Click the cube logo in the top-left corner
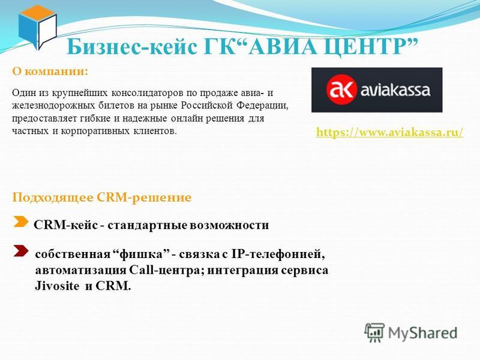click(x=38, y=27)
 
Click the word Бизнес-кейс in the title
click(x=132, y=47)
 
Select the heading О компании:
click(x=50, y=71)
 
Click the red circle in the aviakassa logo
click(x=341, y=89)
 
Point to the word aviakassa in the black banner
click(x=395, y=90)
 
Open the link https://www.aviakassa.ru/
click(x=389, y=133)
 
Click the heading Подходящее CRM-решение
click(x=101, y=197)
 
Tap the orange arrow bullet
click(x=21, y=221)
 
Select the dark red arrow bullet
click(x=21, y=251)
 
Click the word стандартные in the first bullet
click(x=148, y=226)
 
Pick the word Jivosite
click(x=57, y=286)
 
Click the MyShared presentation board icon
click(x=374, y=332)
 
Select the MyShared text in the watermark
click(x=422, y=333)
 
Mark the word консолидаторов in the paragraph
click(x=148, y=93)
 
